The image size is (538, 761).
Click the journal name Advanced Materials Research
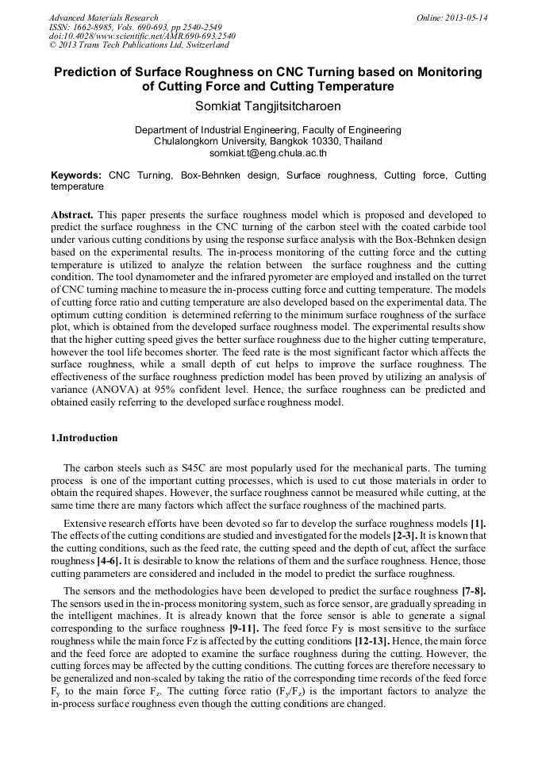tap(104, 17)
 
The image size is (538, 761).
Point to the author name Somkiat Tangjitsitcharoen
tap(267, 105)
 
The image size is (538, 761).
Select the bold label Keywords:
tap(76, 175)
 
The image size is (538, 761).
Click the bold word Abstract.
tap(72, 215)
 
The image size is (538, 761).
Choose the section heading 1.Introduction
tap(84, 438)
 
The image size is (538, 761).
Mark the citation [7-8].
tap(474, 591)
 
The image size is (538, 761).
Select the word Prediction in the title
tap(86, 72)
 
